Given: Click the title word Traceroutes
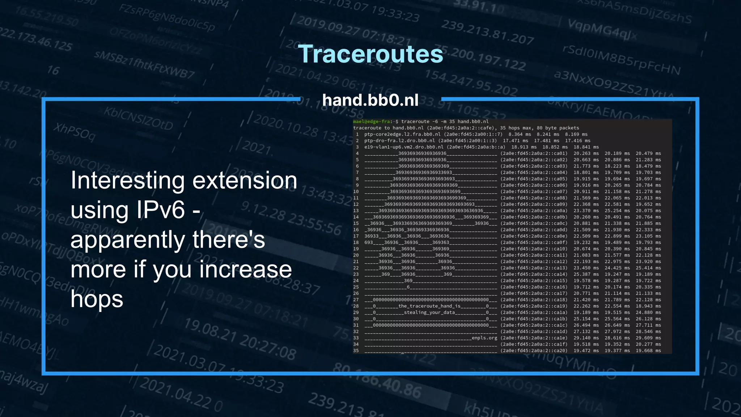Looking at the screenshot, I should pos(370,54).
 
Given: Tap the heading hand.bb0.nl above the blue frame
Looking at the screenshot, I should pos(370,100).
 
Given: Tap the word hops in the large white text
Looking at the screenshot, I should pos(97,299).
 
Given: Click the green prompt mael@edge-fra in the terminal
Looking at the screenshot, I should pos(372,122).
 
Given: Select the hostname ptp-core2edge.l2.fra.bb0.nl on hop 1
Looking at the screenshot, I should pos(402,134).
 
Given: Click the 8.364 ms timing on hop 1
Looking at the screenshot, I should pos(520,134).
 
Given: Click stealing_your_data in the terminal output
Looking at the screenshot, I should pos(429,312).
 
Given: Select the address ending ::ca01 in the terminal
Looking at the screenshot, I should pos(534,153).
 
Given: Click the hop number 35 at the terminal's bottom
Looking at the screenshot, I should pos(356,351).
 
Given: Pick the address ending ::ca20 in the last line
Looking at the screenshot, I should pos(534,351).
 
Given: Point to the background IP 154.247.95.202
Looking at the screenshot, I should pos(471,83).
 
